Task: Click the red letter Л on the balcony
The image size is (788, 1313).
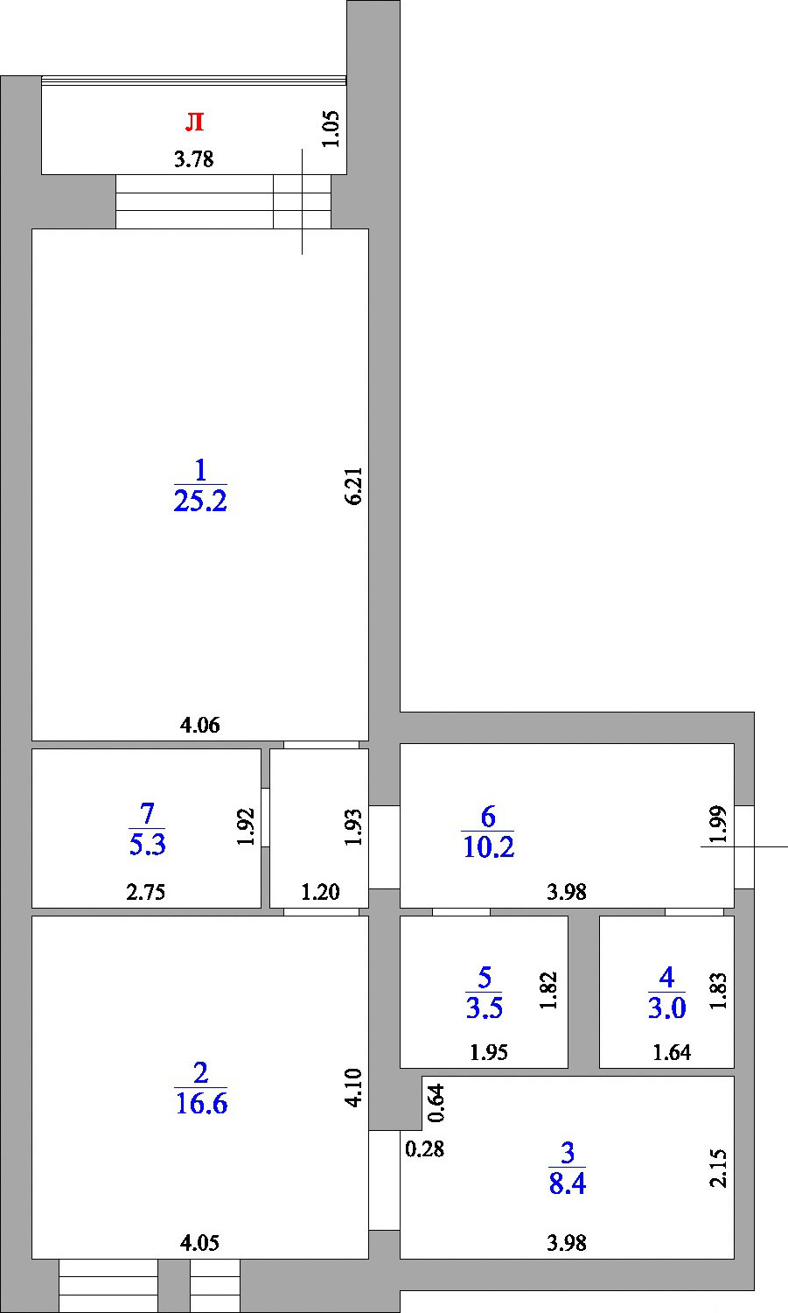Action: [194, 122]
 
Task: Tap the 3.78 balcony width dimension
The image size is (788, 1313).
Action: [194, 159]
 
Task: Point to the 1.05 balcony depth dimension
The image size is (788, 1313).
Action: [331, 129]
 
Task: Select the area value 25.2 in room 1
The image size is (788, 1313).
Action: [200, 502]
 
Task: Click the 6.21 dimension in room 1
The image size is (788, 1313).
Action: [354, 487]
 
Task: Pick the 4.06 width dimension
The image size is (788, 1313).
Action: [199, 726]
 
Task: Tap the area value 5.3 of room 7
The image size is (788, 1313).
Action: [147, 845]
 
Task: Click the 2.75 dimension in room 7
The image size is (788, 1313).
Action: [146, 893]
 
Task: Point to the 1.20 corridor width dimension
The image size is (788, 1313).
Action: [320, 892]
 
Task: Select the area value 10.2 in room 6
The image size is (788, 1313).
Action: [488, 847]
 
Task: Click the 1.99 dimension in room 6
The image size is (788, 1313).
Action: [718, 825]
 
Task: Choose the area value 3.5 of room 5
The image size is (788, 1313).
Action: [484, 1008]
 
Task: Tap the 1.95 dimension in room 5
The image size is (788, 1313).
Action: [489, 1053]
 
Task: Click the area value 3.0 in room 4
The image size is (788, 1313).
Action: [666, 1008]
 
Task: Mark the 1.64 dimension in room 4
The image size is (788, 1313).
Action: [672, 1053]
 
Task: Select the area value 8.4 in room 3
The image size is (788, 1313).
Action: [567, 1184]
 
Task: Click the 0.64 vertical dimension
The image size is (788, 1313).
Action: [436, 1103]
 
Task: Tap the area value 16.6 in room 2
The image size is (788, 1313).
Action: [201, 1104]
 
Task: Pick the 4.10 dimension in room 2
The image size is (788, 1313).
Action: [354, 1088]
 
